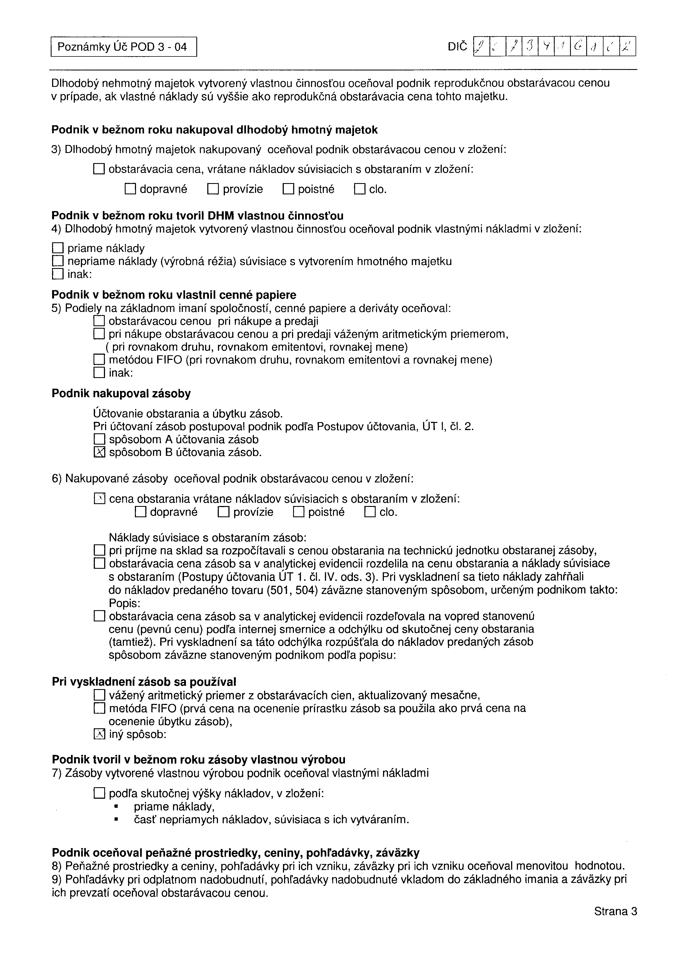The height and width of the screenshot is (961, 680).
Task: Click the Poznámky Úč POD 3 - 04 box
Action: [x=123, y=47]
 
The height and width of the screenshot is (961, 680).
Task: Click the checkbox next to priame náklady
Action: [x=57, y=248]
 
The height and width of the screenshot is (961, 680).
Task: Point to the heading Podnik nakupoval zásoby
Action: [x=121, y=393]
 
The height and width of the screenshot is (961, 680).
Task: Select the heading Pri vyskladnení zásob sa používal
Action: [x=144, y=681]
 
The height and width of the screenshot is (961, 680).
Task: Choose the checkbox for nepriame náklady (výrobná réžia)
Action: [x=57, y=261]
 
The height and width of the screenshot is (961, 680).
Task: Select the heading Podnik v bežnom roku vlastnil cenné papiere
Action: [x=174, y=295]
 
